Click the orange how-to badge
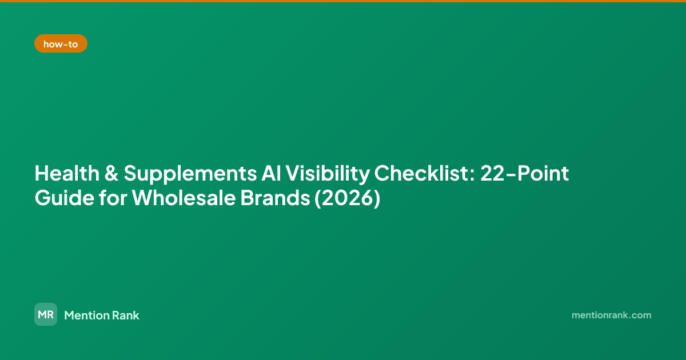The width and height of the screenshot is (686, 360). coord(61,43)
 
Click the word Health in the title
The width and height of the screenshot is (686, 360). coord(67,174)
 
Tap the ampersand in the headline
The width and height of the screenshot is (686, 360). coord(111,174)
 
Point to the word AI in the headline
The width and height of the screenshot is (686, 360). coord(272,174)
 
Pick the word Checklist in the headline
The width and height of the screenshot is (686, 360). coord(421,173)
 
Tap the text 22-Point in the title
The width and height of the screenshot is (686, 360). coord(524,174)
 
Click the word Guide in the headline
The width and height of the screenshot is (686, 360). coord(64,198)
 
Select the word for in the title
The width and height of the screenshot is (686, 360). coord(113,198)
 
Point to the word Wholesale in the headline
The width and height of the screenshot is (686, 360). coord(184,198)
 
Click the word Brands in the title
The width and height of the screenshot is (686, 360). coord(275,198)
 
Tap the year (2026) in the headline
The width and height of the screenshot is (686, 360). coord(348,198)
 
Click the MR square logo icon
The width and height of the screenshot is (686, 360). coord(46,314)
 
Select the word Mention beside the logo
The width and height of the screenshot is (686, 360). coord(85,315)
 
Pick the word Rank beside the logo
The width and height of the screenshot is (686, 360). coord(125,315)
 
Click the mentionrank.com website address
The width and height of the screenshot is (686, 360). coord(611,315)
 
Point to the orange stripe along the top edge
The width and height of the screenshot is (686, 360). coord(343,1)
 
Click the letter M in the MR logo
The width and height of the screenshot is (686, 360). coord(42,314)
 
